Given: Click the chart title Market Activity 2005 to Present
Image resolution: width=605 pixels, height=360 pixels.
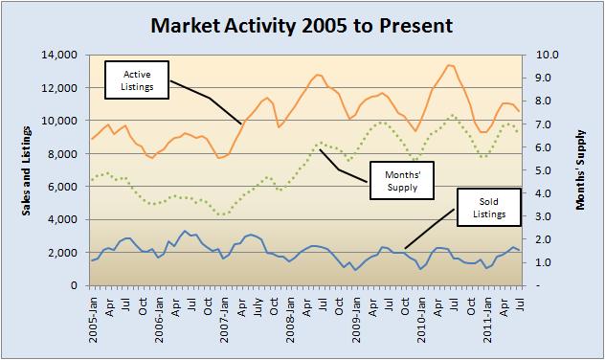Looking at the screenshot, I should coord(303,22).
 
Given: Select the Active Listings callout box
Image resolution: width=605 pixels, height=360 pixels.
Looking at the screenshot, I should coord(135,79).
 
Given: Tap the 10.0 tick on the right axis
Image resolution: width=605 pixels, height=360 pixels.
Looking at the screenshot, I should coord(538,56).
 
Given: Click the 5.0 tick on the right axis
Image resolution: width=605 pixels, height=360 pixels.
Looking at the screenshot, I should coord(538,170).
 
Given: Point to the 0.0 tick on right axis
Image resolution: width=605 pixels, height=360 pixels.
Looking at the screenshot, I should coord(538,285).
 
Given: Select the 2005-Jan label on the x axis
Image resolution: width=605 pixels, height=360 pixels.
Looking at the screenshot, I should coord(93,316).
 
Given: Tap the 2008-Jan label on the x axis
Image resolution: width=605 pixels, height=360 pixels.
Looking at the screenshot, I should coord(290,316).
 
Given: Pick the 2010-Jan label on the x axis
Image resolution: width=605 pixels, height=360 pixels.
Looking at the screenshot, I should coord(421,316).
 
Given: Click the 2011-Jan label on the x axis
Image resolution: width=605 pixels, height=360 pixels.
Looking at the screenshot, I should coord(486,316).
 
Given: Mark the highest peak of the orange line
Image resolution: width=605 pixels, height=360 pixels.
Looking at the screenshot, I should coord(449,65).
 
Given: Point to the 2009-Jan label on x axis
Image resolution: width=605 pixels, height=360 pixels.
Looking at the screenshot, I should coord(355,316).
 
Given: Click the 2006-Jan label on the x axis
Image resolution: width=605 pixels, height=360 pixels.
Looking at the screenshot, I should coord(159,316).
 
